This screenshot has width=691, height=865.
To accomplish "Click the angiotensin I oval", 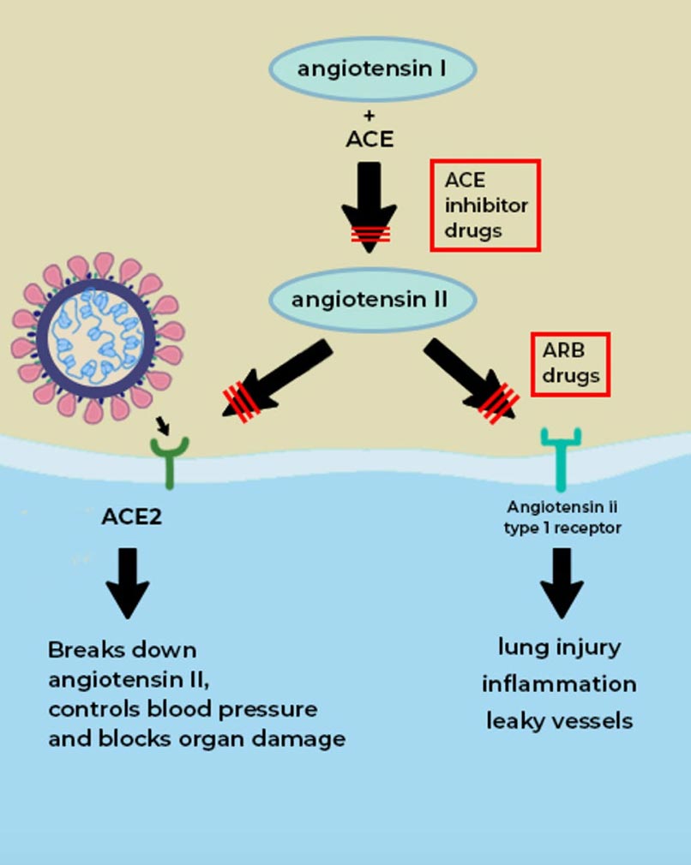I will (x=372, y=69).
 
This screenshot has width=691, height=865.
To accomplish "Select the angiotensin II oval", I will (x=370, y=301).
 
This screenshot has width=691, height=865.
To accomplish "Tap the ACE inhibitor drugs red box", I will (x=485, y=206).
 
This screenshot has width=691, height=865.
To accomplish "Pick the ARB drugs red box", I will (x=570, y=365).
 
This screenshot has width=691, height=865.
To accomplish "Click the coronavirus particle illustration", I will (x=98, y=337).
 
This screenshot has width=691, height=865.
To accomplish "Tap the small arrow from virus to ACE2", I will (x=162, y=426).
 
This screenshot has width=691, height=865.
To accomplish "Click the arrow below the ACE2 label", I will (x=128, y=582).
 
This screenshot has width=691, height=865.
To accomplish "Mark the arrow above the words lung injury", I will (x=562, y=582).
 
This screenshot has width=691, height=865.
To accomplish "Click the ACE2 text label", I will (x=131, y=517).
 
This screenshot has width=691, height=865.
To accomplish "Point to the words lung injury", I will (x=559, y=647).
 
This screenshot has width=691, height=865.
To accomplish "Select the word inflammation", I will (x=559, y=684).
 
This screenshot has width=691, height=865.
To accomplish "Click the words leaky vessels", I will (x=559, y=721).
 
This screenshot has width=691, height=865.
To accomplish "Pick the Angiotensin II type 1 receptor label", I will (x=562, y=517).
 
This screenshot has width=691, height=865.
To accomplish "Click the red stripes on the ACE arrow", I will (x=369, y=233).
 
